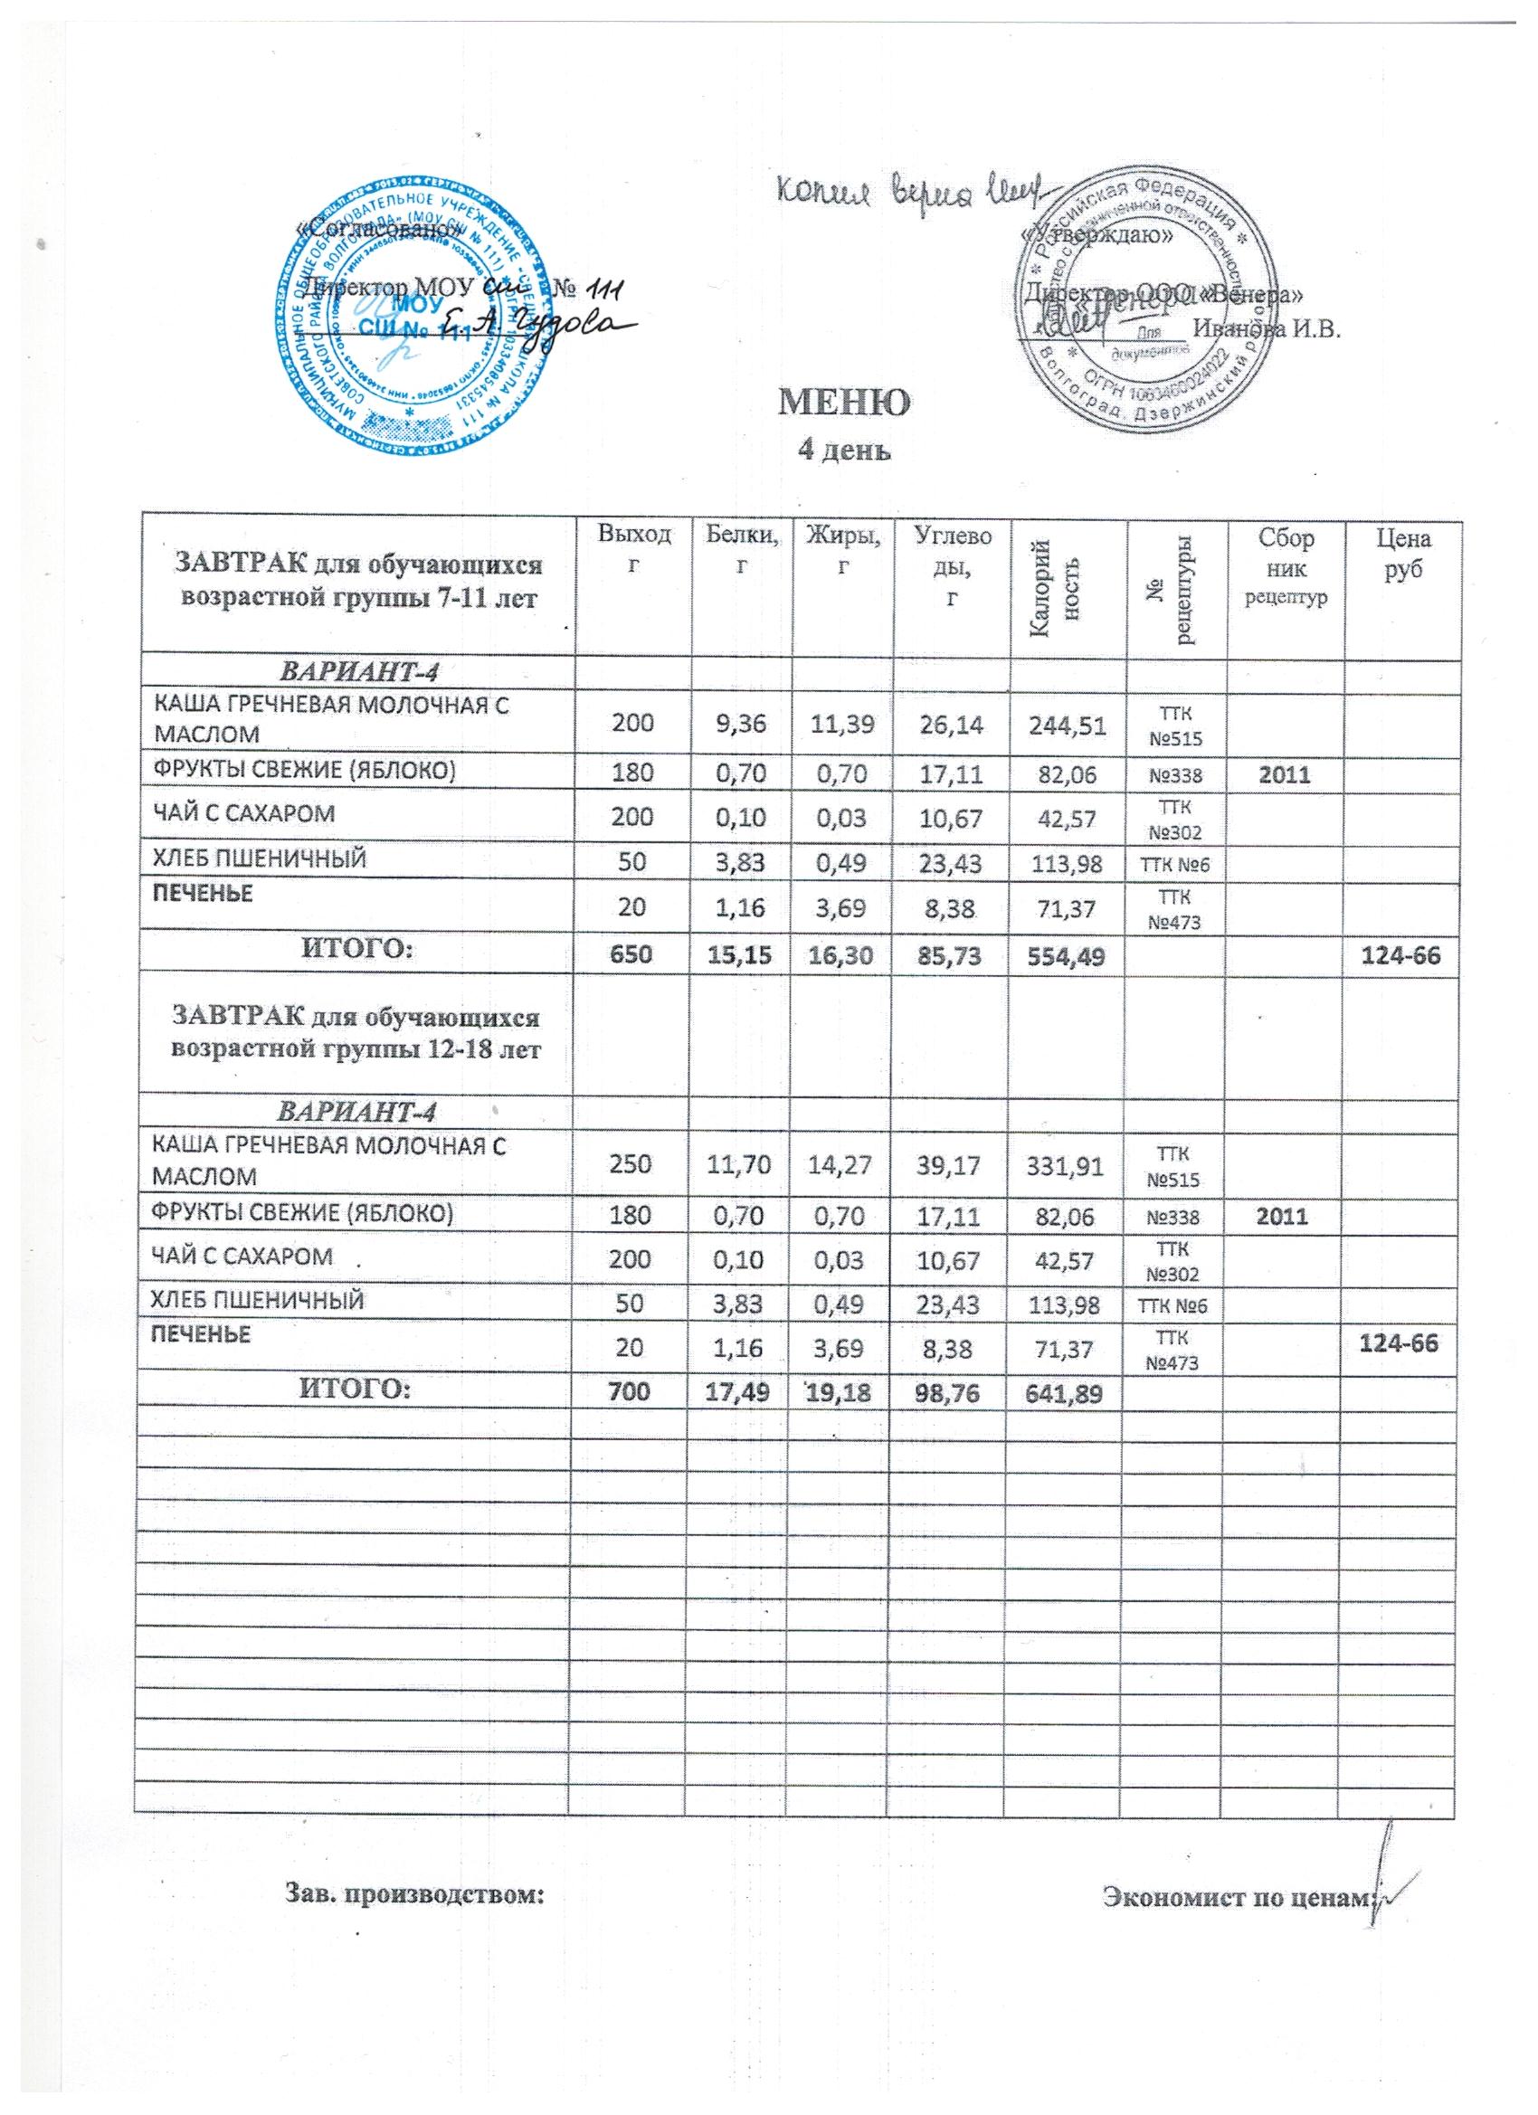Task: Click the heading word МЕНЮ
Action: point(845,403)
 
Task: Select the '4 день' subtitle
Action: point(844,451)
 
